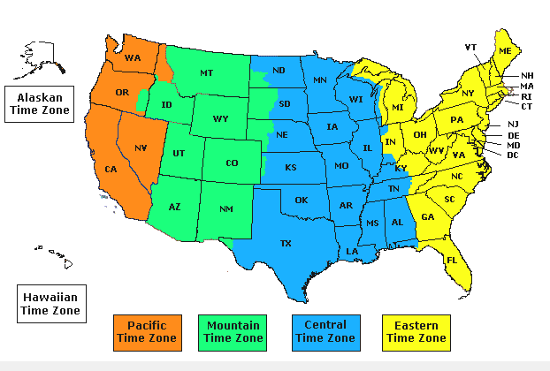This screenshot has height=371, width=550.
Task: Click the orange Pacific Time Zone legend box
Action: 146,331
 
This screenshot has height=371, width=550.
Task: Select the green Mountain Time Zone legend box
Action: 233,331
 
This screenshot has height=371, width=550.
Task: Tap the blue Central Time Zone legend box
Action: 325,331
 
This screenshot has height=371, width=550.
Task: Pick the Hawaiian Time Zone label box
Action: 51,302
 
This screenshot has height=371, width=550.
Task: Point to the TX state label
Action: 286,243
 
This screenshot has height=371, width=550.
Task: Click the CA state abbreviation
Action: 111,169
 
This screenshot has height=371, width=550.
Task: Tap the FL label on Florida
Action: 452,261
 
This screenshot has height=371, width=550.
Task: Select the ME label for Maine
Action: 505,52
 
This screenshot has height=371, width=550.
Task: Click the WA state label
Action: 133,58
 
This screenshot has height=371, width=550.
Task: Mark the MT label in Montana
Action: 206,72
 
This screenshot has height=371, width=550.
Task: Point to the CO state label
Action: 232,163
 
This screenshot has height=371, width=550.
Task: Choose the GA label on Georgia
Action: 428,217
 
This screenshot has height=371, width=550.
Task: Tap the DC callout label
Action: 513,155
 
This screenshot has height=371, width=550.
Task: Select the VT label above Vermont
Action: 470,47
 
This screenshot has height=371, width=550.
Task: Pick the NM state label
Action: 226,210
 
